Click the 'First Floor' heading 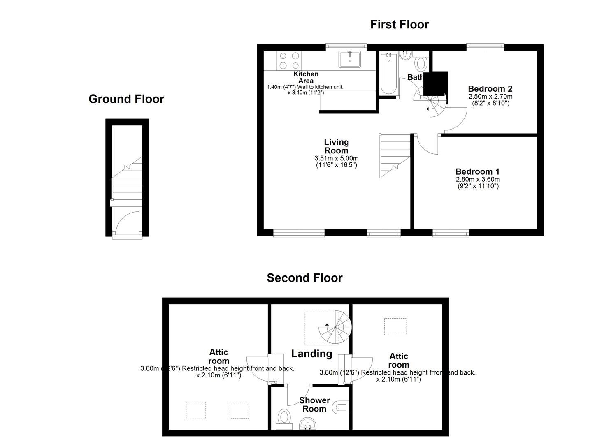coord(399,25)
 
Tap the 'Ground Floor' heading coord(126,99)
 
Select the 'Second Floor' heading coord(304,278)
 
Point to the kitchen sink coord(349,59)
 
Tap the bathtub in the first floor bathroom coord(388,74)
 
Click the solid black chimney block coord(435,83)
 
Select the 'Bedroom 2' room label coord(490,89)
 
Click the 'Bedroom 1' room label coord(477,172)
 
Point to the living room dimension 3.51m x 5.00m coord(336,158)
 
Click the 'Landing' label coord(311,354)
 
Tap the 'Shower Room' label coord(314,405)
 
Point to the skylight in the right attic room coord(395,327)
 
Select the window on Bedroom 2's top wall coord(485,47)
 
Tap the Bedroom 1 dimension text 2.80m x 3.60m coord(478,180)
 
